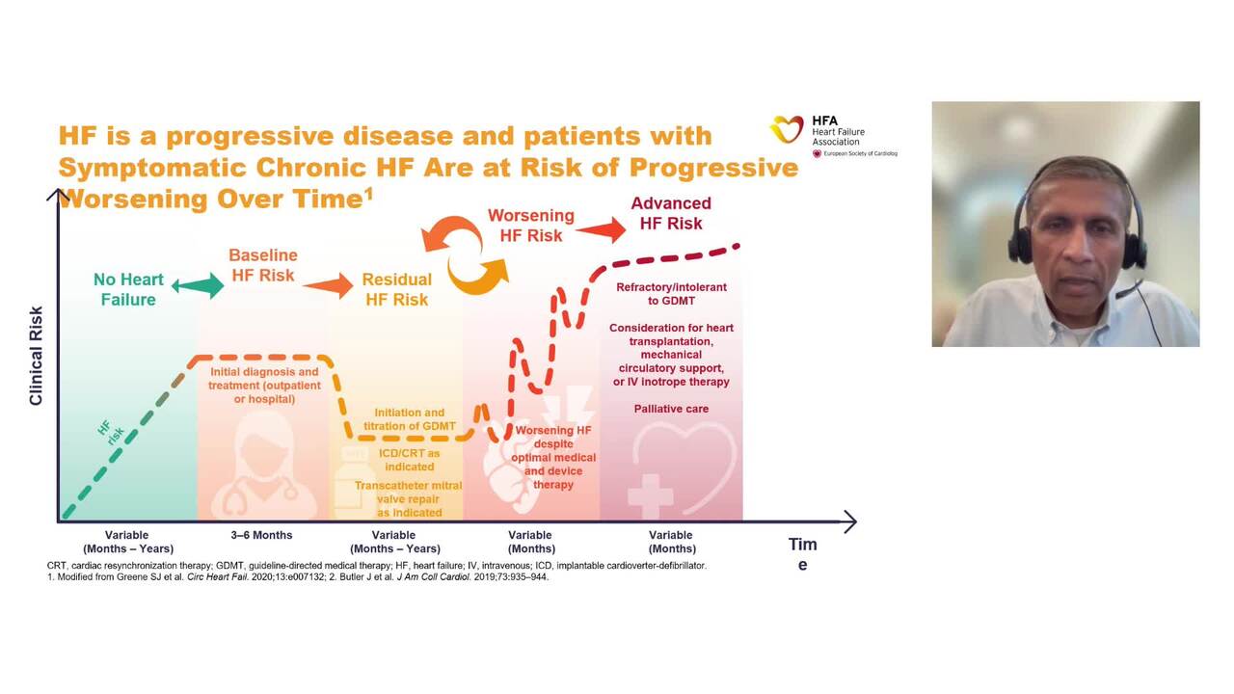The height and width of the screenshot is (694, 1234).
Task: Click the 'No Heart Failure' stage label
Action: pos(128,289)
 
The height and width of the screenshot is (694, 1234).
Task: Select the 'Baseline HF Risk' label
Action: pos(262,265)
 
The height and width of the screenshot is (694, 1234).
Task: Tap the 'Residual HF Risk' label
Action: pos(396,289)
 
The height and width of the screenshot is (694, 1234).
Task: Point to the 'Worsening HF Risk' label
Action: pos(530,225)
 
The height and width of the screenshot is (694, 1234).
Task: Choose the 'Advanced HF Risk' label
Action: pos(671,213)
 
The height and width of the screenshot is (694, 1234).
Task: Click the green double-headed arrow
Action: pos(197,284)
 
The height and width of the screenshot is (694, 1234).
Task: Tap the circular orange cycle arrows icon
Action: pos(466,254)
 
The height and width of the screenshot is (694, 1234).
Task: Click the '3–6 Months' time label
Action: pos(261,535)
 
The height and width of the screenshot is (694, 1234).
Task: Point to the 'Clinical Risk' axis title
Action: pos(36,356)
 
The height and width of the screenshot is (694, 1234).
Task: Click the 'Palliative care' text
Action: pos(671,409)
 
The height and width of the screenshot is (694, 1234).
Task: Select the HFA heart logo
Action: pos(787,129)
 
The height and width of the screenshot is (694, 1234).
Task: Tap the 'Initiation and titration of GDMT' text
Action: pos(410,419)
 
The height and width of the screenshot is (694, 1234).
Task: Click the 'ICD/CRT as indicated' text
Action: pos(409,460)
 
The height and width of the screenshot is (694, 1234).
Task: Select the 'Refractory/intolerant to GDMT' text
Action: pos(671,294)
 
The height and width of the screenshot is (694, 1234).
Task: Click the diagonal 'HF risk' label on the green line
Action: pos(112,431)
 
